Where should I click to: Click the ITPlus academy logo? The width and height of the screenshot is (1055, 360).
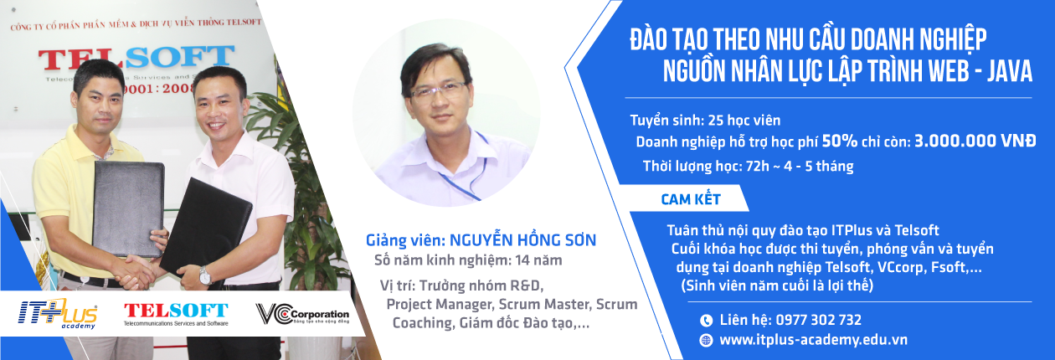tap(58, 313)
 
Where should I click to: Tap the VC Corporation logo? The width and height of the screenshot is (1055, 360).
tap(302, 314)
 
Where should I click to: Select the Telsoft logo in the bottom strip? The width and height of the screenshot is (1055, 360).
tap(176, 314)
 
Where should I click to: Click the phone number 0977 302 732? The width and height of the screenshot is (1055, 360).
tap(819, 321)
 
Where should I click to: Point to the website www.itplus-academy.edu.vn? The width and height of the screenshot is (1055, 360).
tap(813, 340)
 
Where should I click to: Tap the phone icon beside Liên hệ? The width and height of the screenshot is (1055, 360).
tap(706, 321)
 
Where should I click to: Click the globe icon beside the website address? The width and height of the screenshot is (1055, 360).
tap(706, 340)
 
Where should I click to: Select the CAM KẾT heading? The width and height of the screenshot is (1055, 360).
tap(691, 199)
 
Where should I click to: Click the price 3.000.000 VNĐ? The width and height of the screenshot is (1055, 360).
tap(975, 141)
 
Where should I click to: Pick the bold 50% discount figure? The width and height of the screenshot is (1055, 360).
tap(840, 141)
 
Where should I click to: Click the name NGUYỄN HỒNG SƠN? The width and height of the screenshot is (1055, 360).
tap(522, 239)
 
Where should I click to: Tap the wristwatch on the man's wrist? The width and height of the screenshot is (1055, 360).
tap(205, 276)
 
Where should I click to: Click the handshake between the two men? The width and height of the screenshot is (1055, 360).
tap(136, 272)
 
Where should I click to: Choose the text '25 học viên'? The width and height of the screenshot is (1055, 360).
tap(744, 121)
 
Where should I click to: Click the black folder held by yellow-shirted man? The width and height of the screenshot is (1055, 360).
tap(129, 208)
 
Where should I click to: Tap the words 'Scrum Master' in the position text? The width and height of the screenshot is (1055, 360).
tap(545, 305)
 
